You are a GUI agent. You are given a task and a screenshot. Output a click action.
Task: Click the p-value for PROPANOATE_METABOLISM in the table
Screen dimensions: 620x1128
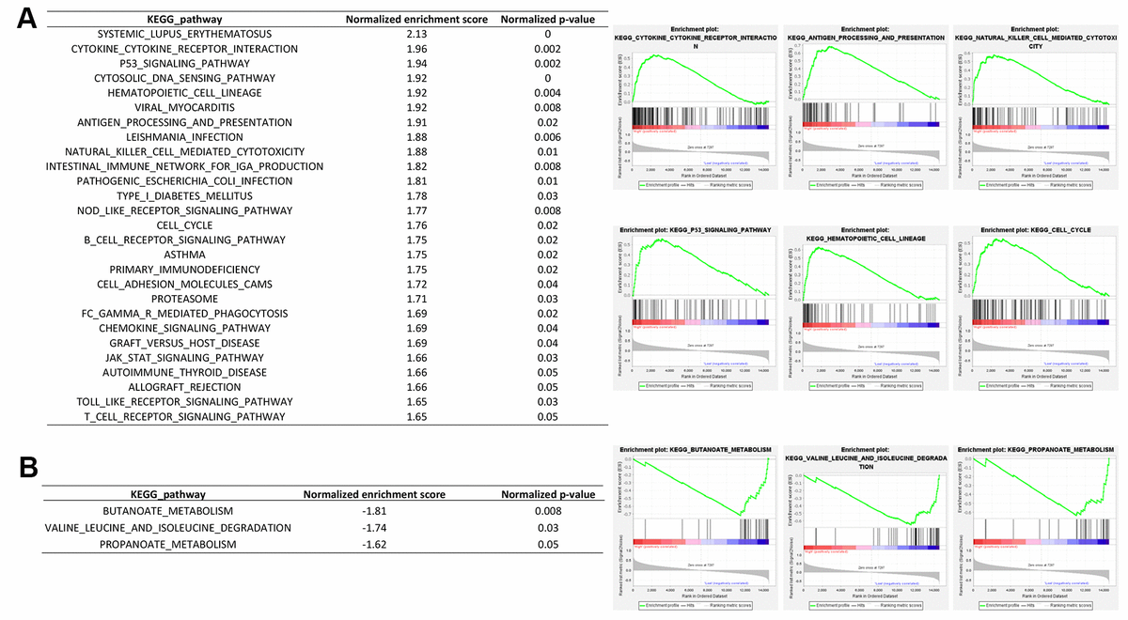[x=547, y=544]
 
